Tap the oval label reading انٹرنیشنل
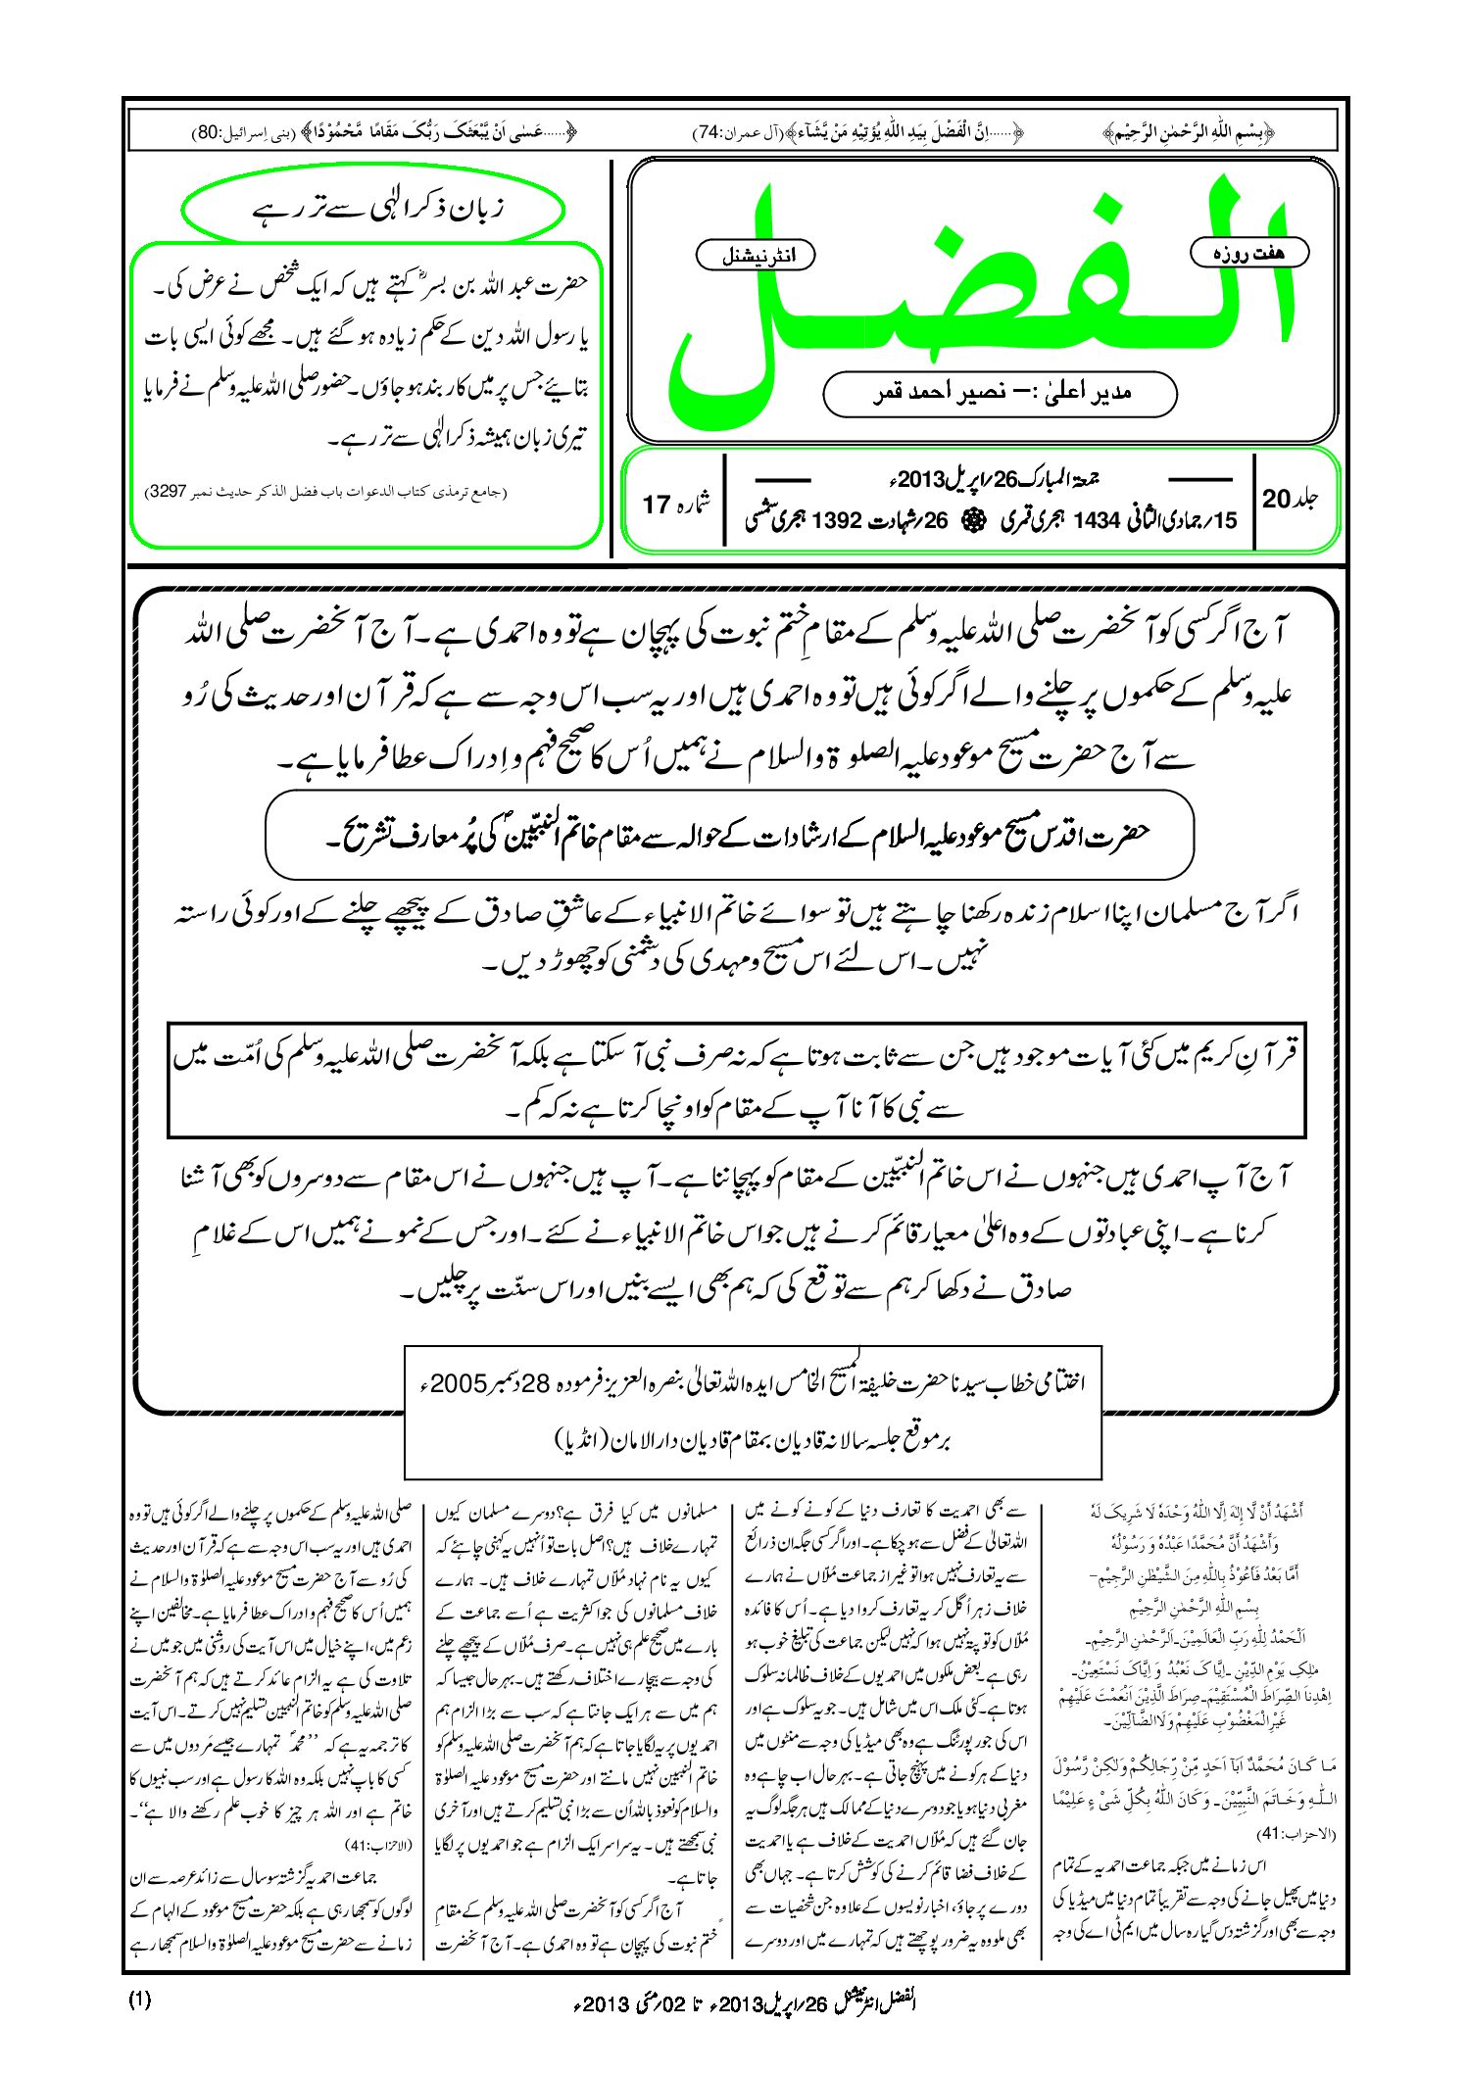755,256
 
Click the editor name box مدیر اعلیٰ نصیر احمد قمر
1000,394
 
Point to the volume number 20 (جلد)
1277,500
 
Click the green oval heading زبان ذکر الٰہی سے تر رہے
373,210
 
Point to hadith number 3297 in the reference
166,490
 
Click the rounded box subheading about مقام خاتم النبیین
729,836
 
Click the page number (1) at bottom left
139,2000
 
